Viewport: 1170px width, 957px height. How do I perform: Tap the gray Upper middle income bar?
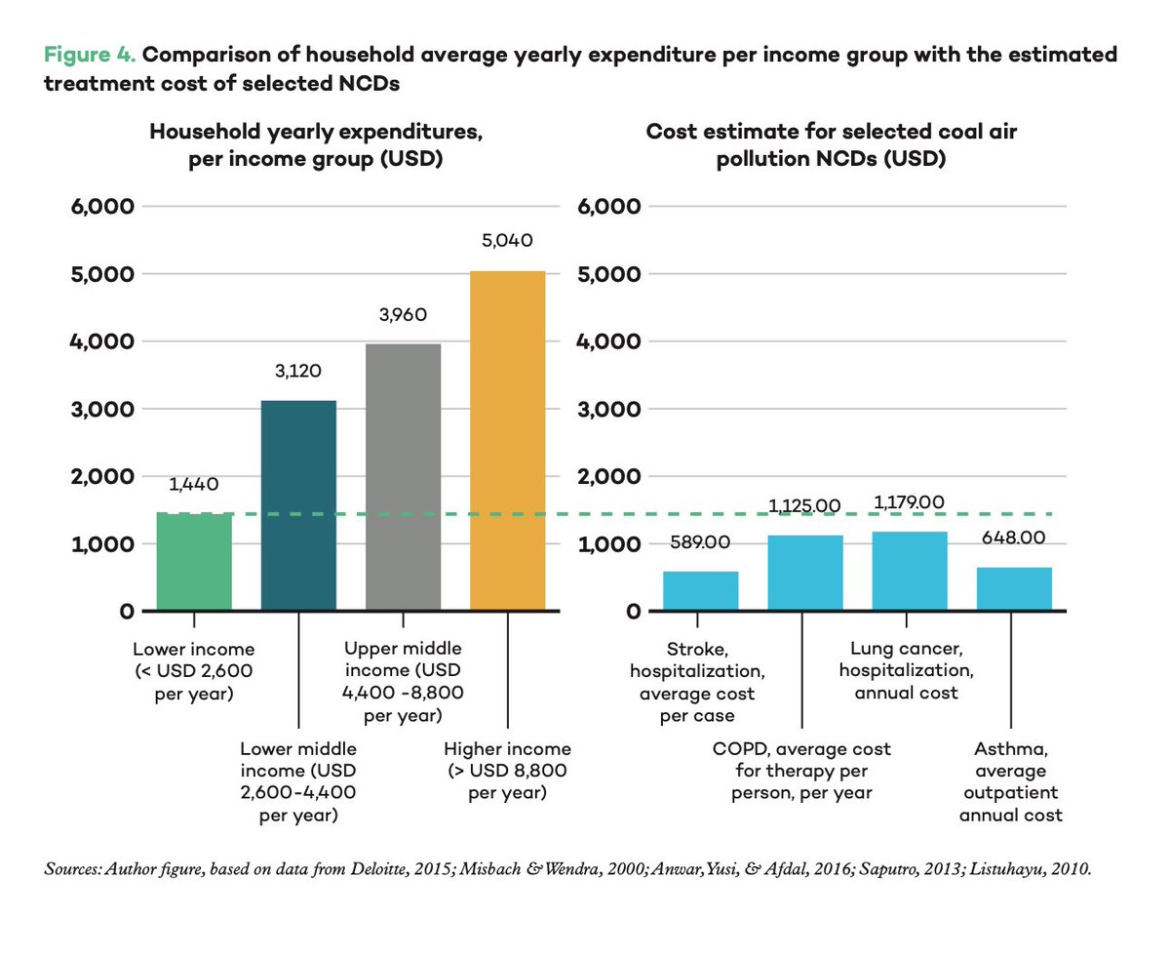pos(403,477)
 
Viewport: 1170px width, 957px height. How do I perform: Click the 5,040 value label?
pos(507,241)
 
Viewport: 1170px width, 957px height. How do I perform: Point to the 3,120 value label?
pos(299,371)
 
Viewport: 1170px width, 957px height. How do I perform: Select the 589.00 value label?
pos(699,542)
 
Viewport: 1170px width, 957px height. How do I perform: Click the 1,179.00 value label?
pos(909,502)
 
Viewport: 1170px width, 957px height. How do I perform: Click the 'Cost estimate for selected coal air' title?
pos(832,132)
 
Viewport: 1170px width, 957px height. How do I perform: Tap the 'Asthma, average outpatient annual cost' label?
pos(1010,781)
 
